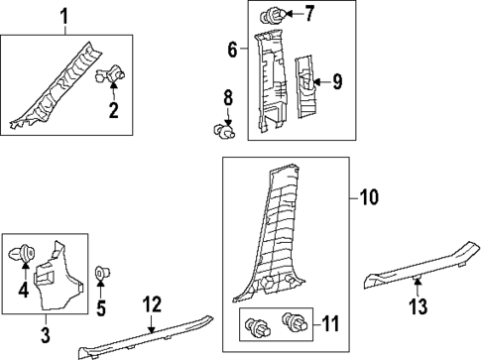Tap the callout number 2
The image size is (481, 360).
tap(114, 111)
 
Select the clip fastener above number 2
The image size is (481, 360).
tap(112, 73)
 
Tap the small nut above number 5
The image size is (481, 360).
tap(100, 273)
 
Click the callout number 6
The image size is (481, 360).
tap(232, 49)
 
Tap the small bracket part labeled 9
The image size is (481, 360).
tap(309, 85)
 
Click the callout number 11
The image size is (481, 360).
tap(330, 322)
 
